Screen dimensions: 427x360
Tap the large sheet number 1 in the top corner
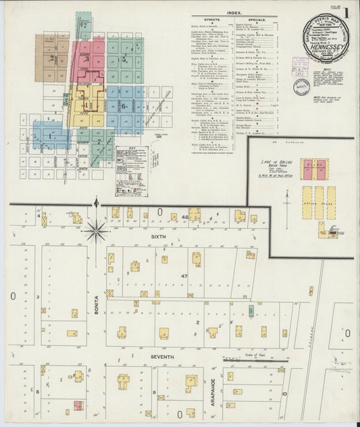coord(346,14)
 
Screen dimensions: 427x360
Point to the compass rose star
coord(97,230)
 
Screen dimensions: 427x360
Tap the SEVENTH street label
coord(161,356)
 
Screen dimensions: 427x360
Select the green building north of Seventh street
coord(251,310)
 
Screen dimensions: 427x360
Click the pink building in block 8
coord(78,405)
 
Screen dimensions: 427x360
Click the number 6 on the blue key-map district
coord(123,105)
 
